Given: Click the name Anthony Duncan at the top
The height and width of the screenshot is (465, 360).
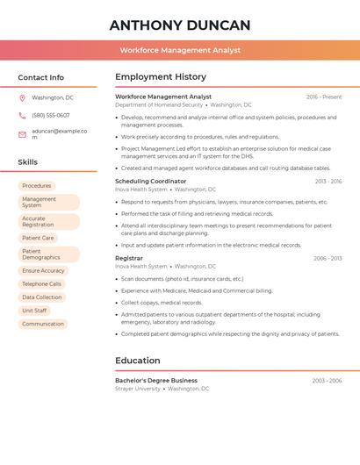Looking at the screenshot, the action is point(180,25).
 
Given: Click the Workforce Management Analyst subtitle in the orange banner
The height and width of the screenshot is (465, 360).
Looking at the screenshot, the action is point(180,50).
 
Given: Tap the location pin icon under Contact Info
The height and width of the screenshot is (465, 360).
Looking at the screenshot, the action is point(22,97).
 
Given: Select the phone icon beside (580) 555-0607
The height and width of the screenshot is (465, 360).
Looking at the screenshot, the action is point(22,115).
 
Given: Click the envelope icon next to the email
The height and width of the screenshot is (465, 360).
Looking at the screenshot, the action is point(22,134).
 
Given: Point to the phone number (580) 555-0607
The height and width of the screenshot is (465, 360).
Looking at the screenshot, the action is point(50,115).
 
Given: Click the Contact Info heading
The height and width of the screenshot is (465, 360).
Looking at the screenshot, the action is point(40,77).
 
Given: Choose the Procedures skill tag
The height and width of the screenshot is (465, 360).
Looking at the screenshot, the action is point(37,186).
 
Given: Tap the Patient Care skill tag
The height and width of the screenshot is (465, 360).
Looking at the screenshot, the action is point(38,238).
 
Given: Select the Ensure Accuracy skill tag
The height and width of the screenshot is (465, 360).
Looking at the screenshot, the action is point(43,271).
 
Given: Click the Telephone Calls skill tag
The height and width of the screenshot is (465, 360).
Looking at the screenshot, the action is point(41,284).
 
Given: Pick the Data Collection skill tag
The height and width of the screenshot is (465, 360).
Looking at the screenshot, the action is point(41,297).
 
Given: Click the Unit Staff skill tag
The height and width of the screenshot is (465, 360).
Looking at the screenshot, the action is point(34,311).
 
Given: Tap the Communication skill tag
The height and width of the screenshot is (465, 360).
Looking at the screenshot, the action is point(43,324).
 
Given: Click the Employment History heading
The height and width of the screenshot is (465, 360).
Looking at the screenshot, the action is point(161,77).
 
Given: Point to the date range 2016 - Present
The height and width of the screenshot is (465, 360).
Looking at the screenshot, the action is point(324,97).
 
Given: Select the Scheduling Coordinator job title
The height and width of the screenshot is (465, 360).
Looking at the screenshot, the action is point(151,181).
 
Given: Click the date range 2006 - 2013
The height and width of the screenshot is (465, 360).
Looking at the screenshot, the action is point(328,259).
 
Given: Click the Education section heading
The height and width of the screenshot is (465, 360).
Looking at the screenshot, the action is point(138,361).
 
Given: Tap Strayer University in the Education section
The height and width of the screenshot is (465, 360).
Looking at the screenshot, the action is point(138,388).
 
